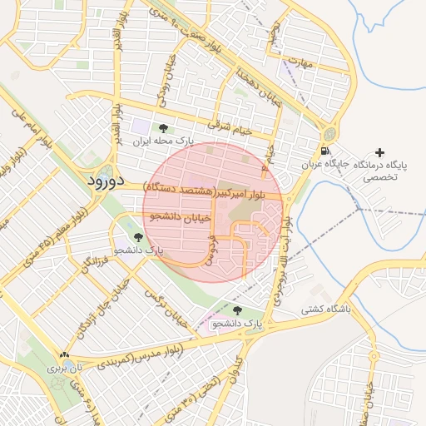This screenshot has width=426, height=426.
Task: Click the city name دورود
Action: pos(105,180)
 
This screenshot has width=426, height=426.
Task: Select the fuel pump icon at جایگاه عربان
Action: pos(324,151)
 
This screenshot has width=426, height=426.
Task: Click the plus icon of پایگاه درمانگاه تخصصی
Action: pos(380,152)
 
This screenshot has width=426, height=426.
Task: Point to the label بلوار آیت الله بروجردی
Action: pos(280,258)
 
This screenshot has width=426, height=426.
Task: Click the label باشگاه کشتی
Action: pos(327,309)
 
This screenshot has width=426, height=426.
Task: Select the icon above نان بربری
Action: pos(65,354)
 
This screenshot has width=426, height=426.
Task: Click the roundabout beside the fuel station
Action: pos(331,132)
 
